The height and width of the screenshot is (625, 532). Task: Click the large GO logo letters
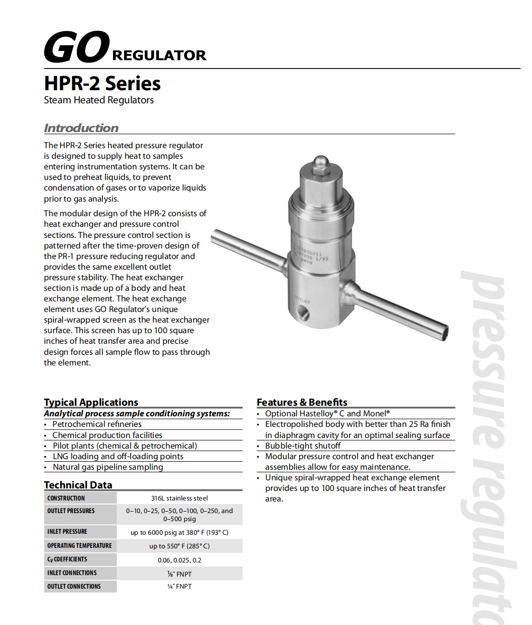[77, 47]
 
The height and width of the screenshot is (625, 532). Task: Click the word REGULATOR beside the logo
[159, 55]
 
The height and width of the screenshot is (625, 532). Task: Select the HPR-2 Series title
[102, 83]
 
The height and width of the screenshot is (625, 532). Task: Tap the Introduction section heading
[81, 128]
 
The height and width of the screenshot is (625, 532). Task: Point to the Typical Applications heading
[91, 402]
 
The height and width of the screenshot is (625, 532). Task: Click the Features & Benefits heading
[302, 402]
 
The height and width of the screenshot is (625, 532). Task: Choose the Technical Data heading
[78, 485]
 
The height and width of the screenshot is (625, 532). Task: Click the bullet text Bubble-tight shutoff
[303, 446]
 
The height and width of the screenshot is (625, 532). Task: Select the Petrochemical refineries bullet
[97, 424]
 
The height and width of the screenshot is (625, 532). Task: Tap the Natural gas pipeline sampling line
[108, 467]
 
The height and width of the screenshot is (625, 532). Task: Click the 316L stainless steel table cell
[180, 498]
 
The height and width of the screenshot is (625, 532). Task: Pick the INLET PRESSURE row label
[67, 532]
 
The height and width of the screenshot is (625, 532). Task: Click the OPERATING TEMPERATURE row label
[80, 546]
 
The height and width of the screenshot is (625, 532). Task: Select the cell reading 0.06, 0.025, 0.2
[180, 560]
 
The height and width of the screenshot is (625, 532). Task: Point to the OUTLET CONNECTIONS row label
[74, 587]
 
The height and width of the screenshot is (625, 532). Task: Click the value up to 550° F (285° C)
[180, 546]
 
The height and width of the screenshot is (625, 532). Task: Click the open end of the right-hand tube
[443, 332]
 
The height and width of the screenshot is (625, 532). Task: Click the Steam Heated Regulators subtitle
[99, 100]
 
